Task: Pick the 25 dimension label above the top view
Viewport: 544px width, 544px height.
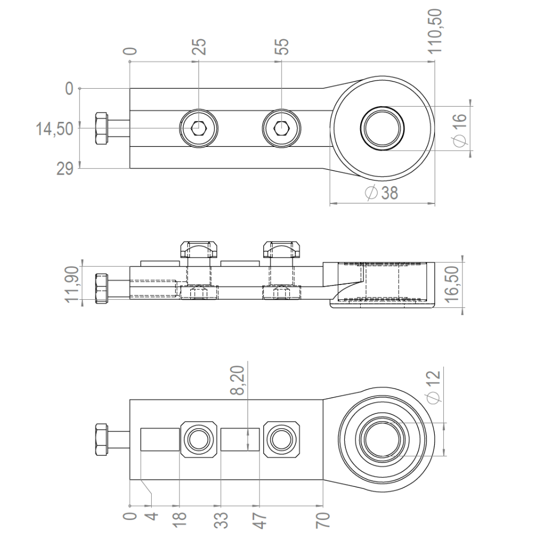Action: [200, 47]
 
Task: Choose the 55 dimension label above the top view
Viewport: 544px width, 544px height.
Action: [281, 47]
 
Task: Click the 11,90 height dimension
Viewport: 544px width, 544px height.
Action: [73, 282]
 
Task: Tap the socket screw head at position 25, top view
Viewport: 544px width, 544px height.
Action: [199, 128]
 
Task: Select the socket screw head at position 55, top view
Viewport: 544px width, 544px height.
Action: [281, 128]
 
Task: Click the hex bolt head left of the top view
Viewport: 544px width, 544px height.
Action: [101, 128]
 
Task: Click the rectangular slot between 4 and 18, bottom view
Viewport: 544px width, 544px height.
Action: [160, 440]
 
